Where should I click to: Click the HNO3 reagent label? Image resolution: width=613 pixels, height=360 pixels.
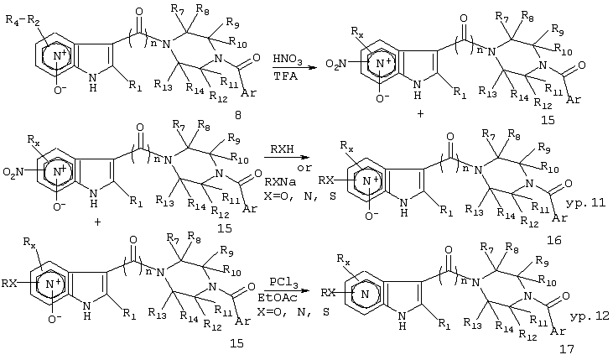pos(288,60)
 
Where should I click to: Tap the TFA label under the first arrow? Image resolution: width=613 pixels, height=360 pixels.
pos(285,76)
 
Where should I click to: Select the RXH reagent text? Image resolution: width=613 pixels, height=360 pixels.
pos(282,149)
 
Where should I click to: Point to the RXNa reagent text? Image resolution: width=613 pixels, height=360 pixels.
pos(280,181)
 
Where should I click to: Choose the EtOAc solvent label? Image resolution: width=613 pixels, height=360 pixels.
pos(278,298)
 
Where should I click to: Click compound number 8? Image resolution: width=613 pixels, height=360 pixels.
pos(237,115)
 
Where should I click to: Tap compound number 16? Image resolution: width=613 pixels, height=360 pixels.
pos(554,239)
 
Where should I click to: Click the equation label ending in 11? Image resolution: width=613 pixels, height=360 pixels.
pos(585,202)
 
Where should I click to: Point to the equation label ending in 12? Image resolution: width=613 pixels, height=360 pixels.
pos(590,316)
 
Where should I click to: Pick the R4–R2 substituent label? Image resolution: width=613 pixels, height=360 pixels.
pos(23,19)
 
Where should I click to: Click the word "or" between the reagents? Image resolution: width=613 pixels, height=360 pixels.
pos(304,168)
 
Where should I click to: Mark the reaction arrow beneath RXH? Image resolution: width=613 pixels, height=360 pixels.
pos(286,157)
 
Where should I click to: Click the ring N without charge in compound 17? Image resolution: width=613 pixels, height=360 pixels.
pos(365,295)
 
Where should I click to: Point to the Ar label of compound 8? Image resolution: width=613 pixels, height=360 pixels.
pos(248,93)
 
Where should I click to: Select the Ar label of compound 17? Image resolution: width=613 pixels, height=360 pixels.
pos(558,331)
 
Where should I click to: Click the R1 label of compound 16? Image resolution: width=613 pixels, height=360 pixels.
pos(446,211)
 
